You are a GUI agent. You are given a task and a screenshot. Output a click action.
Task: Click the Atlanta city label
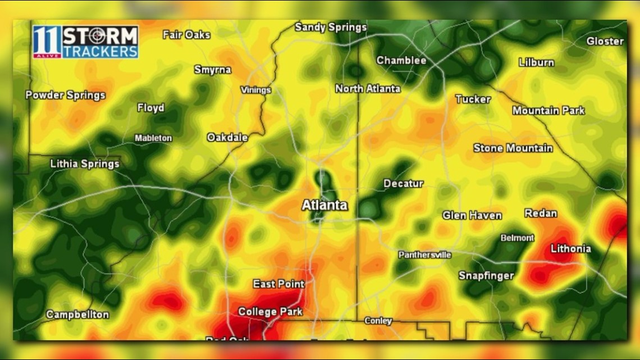click(x=324, y=206)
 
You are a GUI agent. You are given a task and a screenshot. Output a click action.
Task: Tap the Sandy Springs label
click(x=330, y=27)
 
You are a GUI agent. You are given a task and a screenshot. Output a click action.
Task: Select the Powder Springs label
click(x=65, y=95)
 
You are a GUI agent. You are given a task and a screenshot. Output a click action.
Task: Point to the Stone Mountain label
click(x=513, y=148)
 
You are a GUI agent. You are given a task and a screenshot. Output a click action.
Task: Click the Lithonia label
click(x=570, y=248)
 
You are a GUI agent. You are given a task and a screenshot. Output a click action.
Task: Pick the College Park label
click(x=270, y=312)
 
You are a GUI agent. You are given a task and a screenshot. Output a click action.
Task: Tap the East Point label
click(x=278, y=284)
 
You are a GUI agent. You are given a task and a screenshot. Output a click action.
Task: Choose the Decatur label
click(x=403, y=184)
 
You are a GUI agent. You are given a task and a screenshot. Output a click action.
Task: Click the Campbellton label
click(x=77, y=315)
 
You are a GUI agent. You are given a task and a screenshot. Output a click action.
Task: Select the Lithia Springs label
click(x=85, y=164)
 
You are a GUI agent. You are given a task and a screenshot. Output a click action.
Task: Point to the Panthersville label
click(x=424, y=255)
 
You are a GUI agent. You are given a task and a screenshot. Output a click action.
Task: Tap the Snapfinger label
click(x=486, y=276)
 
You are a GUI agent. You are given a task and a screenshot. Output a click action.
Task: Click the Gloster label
click(x=605, y=41)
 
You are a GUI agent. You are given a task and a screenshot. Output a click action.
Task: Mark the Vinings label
click(x=255, y=90)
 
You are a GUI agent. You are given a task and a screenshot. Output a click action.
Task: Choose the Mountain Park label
click(x=548, y=111)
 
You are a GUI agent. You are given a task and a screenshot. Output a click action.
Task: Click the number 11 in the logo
click(x=47, y=42)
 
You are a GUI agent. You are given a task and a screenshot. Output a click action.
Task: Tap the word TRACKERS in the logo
click(x=100, y=51)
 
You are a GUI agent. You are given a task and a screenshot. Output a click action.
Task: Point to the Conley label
click(x=378, y=321)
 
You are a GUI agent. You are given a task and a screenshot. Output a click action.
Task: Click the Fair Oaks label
click(x=186, y=35)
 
